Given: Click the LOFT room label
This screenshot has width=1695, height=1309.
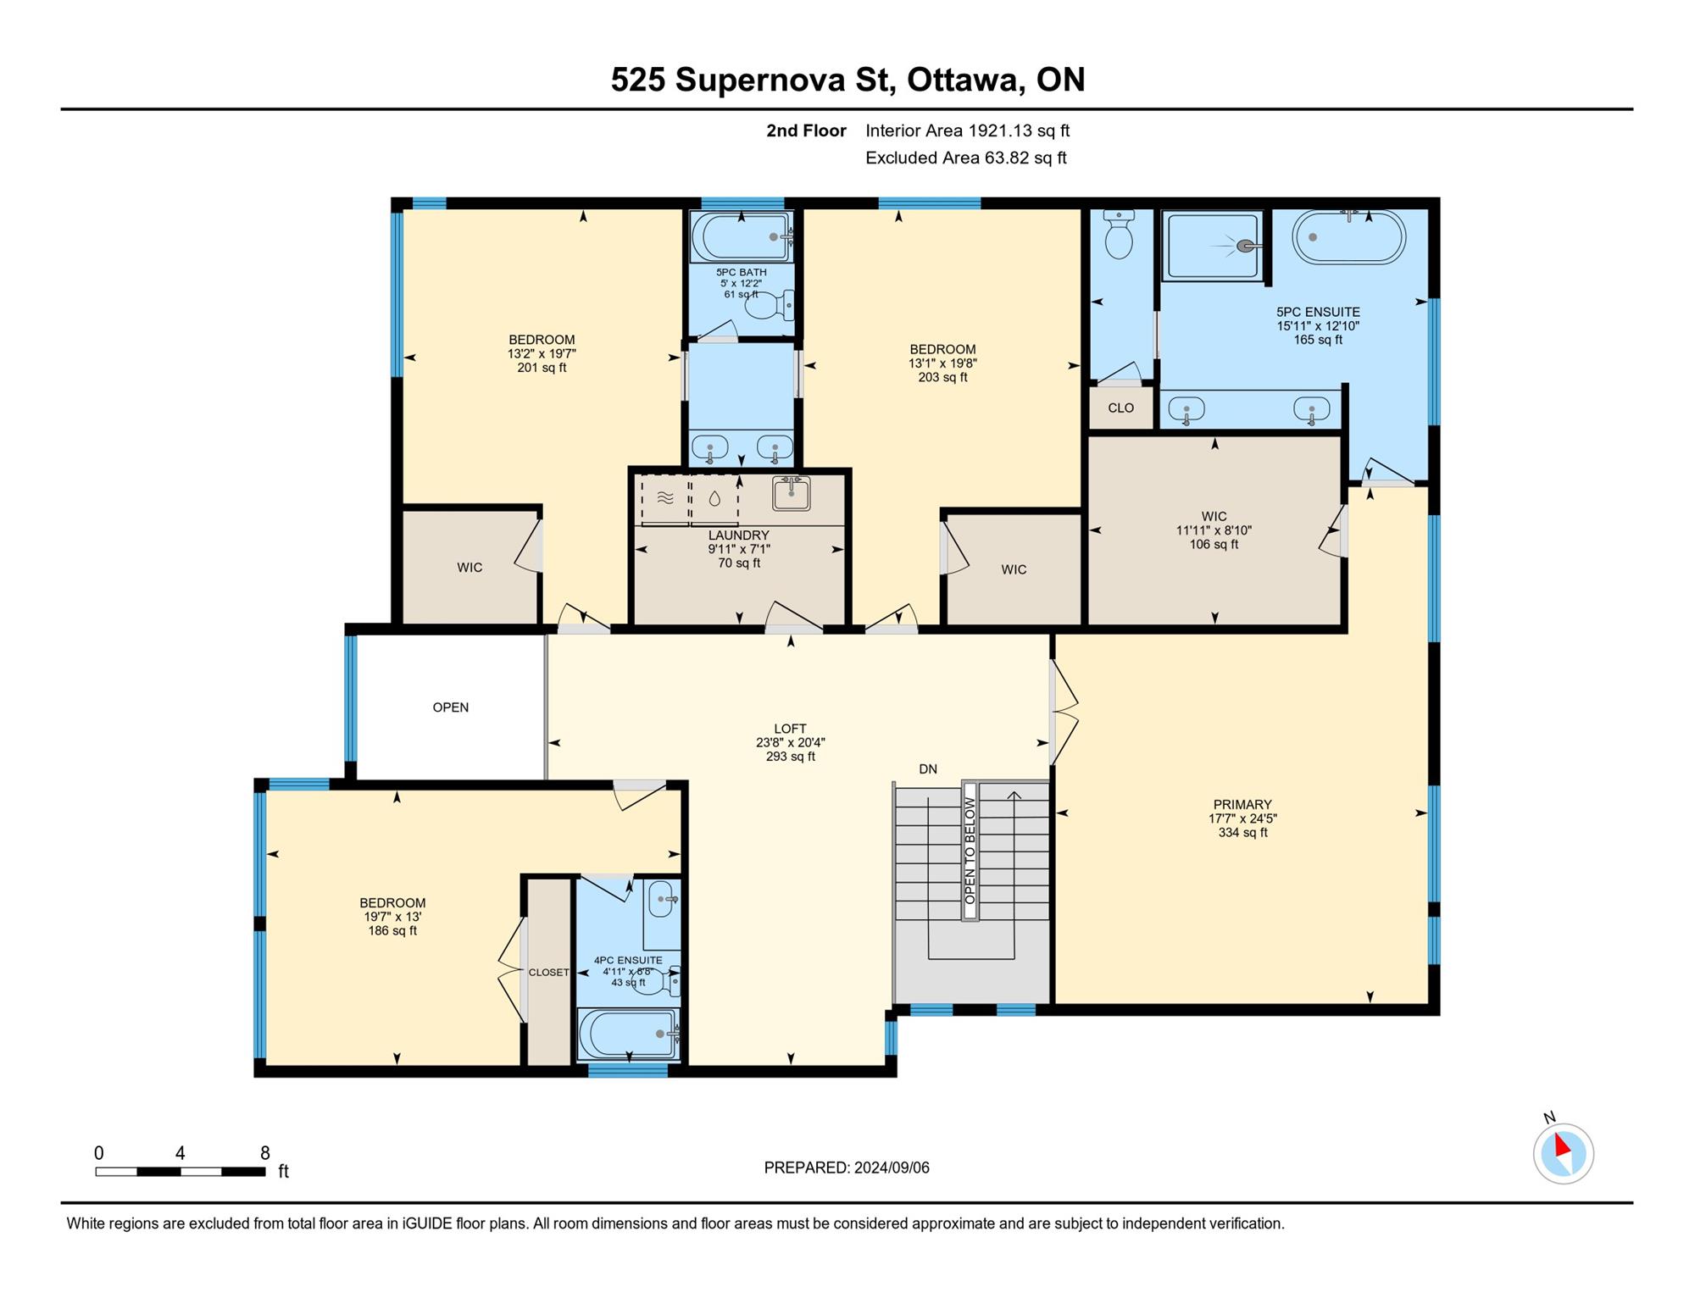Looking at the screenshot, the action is [790, 729].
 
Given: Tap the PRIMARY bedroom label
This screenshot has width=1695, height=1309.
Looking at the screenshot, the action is [1242, 805].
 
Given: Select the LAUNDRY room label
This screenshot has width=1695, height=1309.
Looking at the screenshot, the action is [739, 535].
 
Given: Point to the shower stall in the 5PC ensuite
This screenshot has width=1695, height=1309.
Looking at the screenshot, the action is [1213, 246].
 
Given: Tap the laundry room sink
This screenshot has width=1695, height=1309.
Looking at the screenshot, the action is [792, 493].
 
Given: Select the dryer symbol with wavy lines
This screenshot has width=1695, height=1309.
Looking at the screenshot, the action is [665, 499].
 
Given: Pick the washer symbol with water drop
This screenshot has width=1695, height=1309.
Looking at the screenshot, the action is [714, 499].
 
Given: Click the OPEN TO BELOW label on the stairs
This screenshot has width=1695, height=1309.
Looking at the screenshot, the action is [970, 851].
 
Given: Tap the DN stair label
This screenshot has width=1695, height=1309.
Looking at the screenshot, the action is [928, 769].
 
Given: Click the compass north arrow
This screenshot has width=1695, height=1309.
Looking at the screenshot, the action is [1562, 1146].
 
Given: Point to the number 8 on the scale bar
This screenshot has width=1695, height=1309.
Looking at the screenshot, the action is [265, 1153].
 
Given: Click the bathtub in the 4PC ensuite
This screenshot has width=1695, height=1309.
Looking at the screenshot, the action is [629, 1034].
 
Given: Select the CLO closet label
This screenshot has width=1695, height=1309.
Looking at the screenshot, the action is [1120, 408].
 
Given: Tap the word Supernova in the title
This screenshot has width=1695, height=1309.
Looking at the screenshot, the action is [761, 80].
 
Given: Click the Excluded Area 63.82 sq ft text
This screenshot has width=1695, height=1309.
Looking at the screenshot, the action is [966, 158].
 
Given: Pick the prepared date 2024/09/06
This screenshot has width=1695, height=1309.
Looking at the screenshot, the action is [892, 1168].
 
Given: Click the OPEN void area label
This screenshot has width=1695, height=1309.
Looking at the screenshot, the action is [451, 707].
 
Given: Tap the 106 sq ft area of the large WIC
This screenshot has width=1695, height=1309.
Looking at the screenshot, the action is [1214, 545].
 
